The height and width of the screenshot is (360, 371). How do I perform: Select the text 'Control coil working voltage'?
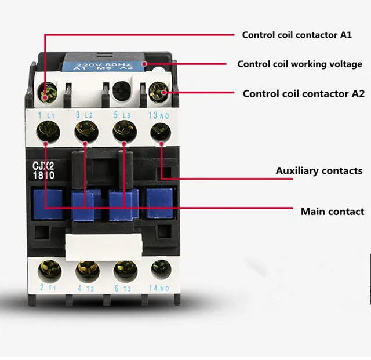pyautogui.click(x=300, y=64)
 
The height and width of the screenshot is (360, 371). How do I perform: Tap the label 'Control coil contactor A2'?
pyautogui.click(x=303, y=93)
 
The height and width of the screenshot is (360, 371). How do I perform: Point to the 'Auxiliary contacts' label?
pyautogui.click(x=319, y=171)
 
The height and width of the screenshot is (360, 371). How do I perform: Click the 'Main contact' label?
pyautogui.click(x=332, y=212)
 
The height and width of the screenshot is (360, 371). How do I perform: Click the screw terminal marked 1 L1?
pyautogui.click(x=46, y=132)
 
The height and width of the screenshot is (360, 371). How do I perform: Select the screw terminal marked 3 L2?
pyautogui.click(x=85, y=132)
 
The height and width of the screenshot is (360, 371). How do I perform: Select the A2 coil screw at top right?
pyautogui.click(x=158, y=91)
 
